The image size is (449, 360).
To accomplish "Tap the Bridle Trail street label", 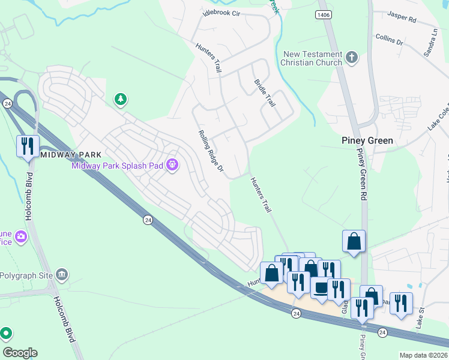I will click(265, 93).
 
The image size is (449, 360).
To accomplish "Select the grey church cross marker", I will click(352, 58).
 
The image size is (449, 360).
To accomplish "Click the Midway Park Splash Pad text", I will click(118, 166).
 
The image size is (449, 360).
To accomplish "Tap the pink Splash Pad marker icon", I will click(172, 164).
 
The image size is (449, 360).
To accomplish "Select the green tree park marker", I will click(121, 98).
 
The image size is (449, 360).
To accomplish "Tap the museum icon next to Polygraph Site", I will click(61, 274).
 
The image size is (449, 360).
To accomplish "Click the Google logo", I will click(20, 353).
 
